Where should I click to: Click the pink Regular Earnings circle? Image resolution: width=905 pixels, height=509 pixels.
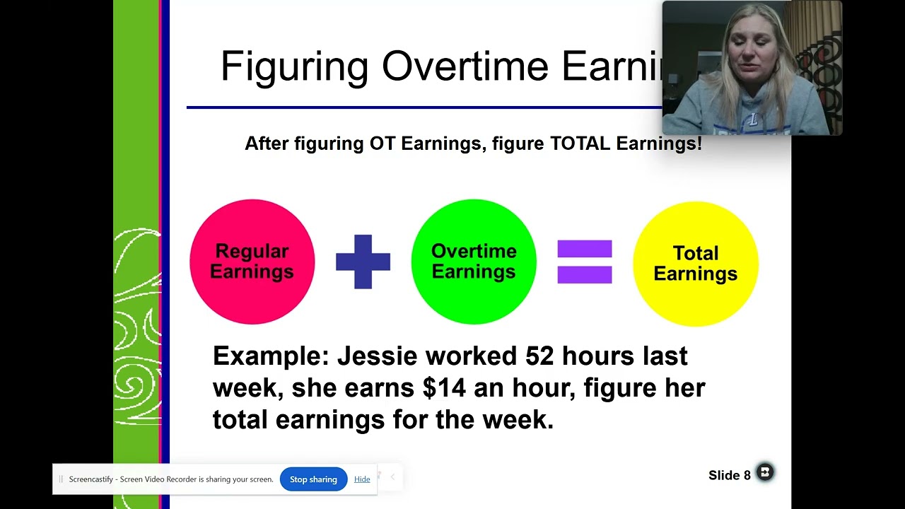pyautogui.click(x=252, y=262)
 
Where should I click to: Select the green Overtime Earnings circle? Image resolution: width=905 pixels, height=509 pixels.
pyautogui.click(x=473, y=262)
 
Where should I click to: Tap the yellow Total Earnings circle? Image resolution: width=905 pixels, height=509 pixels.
pyautogui.click(x=695, y=264)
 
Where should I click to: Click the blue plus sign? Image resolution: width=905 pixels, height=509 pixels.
pyautogui.click(x=363, y=262)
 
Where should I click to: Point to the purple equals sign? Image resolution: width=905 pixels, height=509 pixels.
pyautogui.click(x=584, y=262)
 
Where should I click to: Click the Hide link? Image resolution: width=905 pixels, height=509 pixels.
pyautogui.click(x=362, y=479)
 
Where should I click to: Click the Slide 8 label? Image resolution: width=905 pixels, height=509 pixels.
pyautogui.click(x=729, y=476)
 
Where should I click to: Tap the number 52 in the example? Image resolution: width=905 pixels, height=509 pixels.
pyautogui.click(x=539, y=356)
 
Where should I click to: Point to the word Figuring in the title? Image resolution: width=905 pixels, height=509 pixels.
pyautogui.click(x=294, y=67)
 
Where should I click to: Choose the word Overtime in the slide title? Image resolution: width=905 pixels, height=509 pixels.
pyautogui.click(x=465, y=67)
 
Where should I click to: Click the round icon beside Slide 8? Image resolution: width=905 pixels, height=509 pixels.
pyautogui.click(x=765, y=472)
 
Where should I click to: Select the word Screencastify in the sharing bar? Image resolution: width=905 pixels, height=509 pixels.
pyautogui.click(x=93, y=479)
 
